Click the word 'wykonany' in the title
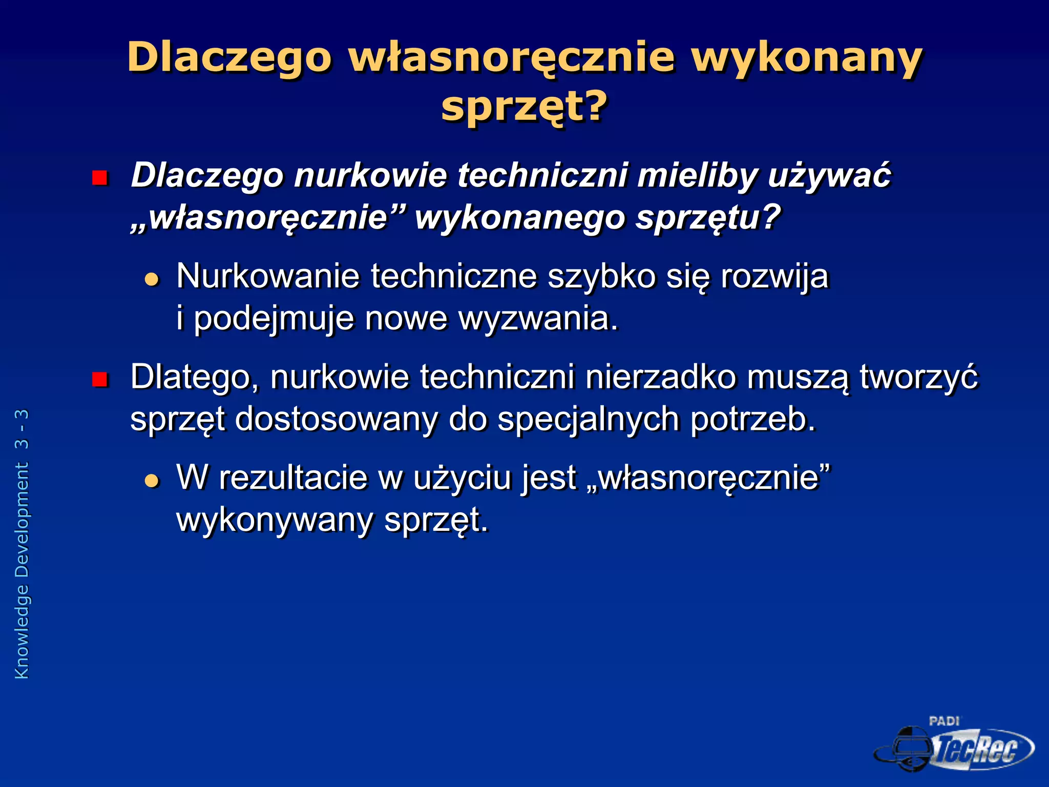[x=807, y=57]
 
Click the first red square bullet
[x=99, y=178]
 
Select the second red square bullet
[x=99, y=380]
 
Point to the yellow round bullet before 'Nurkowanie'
[x=152, y=279]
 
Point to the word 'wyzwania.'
[x=538, y=318]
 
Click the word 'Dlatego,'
[x=195, y=377]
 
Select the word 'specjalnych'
[x=589, y=419]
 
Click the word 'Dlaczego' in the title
[x=230, y=57]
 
